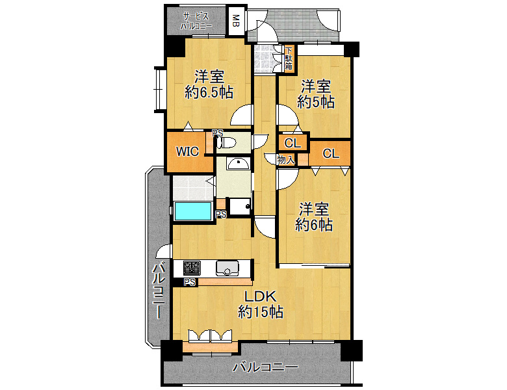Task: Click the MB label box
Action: pos(236,21)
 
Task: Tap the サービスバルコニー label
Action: pos(196,21)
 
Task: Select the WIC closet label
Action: pos(187,151)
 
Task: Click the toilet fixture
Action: pos(226,142)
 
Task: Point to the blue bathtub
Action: pos(193,211)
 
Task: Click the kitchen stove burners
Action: pos(192,268)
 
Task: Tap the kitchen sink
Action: pos(227,268)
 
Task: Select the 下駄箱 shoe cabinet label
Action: pos(289,58)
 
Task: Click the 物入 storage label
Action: pos(286,159)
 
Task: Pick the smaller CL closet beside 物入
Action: pos(292,142)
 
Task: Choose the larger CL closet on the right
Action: pos(331,153)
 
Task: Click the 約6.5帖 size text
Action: pos(209,93)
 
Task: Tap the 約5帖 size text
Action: pos(316,103)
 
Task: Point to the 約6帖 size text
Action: pos(314,225)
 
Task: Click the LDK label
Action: pos(260,296)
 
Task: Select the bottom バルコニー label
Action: pos(265,367)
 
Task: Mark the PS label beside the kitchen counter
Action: pos(190,282)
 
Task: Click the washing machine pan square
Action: pos(240,206)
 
